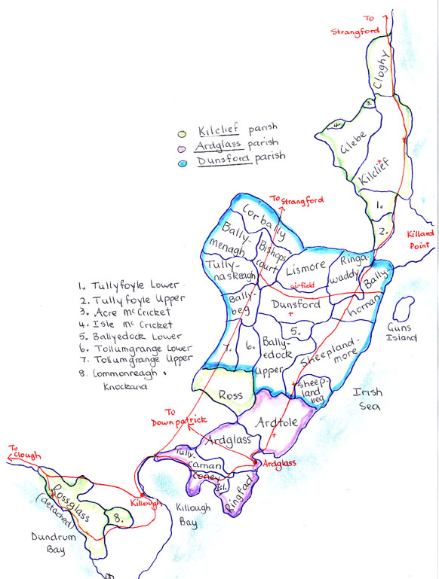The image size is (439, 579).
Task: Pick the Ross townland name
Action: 230,395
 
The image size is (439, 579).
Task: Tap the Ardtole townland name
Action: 278,425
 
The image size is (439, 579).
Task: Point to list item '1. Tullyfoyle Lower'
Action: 127,285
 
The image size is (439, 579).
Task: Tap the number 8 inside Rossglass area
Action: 118,518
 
